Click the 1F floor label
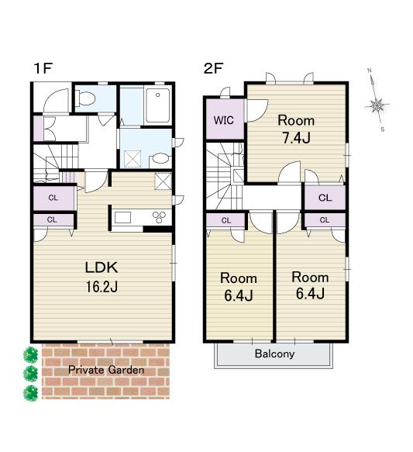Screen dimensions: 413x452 click(43, 68)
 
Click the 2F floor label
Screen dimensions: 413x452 click(213, 68)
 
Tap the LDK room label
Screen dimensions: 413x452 click(102, 267)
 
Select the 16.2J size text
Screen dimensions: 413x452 click(102, 287)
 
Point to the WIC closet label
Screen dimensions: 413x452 click(223, 120)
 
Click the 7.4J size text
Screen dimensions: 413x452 click(296, 138)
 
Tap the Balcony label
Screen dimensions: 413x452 click(274, 354)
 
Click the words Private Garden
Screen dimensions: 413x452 click(106, 370)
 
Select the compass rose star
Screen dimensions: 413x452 click(377, 105)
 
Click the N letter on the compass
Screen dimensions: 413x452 click(370, 71)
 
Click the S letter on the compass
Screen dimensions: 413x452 click(383, 129)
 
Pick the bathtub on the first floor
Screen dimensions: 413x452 click(157, 105)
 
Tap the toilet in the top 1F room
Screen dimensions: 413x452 click(85, 98)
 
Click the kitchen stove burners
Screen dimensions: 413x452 click(160, 217)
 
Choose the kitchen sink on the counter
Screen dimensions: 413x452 click(123, 218)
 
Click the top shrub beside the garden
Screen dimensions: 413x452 click(30, 355)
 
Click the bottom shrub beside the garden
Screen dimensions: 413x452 click(30, 393)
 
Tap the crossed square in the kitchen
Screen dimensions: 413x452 click(163, 181)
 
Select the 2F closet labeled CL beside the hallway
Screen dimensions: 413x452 click(325, 198)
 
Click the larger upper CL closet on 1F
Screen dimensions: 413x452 click(54, 198)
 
